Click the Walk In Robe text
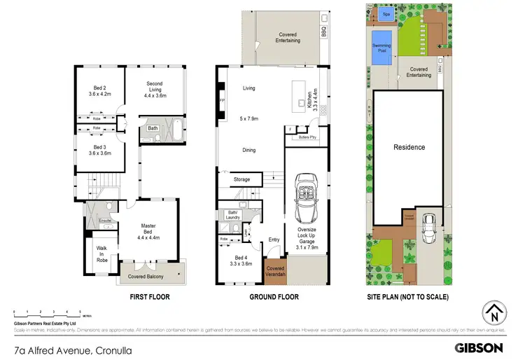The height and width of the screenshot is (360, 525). (x=101, y=254)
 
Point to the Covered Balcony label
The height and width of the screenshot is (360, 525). (x=146, y=277)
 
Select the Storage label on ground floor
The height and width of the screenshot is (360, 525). (x=241, y=180)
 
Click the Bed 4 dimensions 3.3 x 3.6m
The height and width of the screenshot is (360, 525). (x=241, y=263)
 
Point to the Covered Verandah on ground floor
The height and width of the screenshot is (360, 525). (x=275, y=271)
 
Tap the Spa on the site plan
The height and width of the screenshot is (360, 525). (x=386, y=13)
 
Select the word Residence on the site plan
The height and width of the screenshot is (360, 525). (x=409, y=147)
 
